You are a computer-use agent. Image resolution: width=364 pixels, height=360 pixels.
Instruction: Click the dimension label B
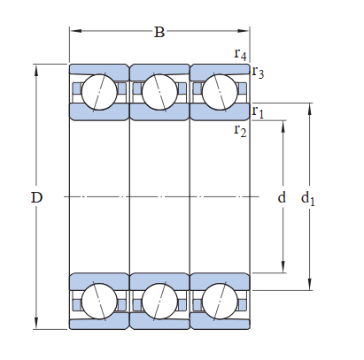pos(159,32)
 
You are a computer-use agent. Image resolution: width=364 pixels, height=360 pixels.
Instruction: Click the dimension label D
pos(36,197)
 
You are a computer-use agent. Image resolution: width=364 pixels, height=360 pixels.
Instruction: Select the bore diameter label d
pos(282,196)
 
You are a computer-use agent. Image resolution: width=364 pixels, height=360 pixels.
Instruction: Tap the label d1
pos(307,198)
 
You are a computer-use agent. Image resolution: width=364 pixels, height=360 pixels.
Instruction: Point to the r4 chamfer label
pos(240,54)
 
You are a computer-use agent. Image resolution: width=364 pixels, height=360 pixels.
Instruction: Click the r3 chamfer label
pos(258,72)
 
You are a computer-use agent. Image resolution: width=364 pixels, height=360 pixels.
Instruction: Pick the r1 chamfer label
pos(258,112)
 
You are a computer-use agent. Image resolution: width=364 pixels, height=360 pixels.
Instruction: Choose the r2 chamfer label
pos(240,130)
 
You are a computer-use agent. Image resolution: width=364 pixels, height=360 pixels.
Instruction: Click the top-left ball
pos(99,92)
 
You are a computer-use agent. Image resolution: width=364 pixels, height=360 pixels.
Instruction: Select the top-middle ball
pos(159,92)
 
